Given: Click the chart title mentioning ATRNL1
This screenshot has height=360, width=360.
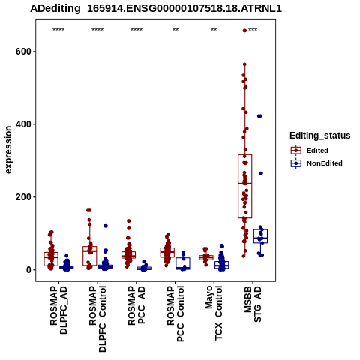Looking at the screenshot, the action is [156, 9].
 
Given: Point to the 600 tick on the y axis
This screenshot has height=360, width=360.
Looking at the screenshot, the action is [23, 52].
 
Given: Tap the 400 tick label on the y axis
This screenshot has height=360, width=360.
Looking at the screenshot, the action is [23, 124].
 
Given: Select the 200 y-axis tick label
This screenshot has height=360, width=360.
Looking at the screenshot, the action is [23, 197].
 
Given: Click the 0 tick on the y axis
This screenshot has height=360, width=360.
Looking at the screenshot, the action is [29, 270].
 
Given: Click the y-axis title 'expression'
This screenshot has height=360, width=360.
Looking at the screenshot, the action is [8, 150].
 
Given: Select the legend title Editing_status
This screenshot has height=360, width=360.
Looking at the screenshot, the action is [320, 136].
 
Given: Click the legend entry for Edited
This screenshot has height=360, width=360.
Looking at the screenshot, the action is [317, 151].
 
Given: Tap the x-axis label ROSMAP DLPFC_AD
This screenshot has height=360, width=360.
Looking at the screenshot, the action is [58, 310].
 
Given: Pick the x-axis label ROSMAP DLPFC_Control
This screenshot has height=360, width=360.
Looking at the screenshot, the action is [97, 319].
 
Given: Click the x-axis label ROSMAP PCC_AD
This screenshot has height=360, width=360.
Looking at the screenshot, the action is [136, 305].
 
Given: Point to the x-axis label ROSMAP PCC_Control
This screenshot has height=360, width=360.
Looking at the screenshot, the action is [175, 313].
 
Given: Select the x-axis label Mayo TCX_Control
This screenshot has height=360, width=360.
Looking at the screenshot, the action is [214, 313].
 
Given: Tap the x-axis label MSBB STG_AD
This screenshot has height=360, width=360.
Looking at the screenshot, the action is [253, 304].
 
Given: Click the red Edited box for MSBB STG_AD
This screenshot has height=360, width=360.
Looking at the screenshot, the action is [245, 187].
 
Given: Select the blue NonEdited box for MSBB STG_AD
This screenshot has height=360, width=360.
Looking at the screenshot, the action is [260, 236].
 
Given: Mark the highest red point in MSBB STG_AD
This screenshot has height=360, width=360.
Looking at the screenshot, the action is [244, 31].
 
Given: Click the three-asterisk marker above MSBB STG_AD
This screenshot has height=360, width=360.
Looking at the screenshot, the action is [253, 30].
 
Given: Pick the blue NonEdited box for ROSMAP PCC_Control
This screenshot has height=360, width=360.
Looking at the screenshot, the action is [183, 263].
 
